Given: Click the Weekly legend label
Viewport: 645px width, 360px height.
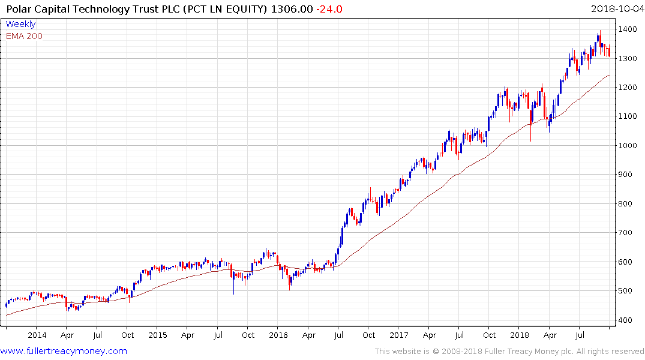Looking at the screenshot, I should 20,25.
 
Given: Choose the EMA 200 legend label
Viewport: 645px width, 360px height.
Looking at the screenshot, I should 24,36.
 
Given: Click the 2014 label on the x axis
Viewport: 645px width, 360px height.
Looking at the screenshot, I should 37,335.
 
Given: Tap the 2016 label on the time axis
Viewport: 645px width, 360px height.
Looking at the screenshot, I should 278,335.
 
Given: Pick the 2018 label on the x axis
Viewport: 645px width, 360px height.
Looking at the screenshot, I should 520,335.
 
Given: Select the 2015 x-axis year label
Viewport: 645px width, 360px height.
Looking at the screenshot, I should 158,335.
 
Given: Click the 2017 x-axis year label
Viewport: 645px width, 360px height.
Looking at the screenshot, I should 399,335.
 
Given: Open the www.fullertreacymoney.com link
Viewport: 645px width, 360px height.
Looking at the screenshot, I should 64,351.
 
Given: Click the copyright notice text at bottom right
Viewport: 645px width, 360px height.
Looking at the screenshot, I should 509,352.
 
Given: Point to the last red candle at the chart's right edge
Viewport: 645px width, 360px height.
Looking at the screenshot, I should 609,52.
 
